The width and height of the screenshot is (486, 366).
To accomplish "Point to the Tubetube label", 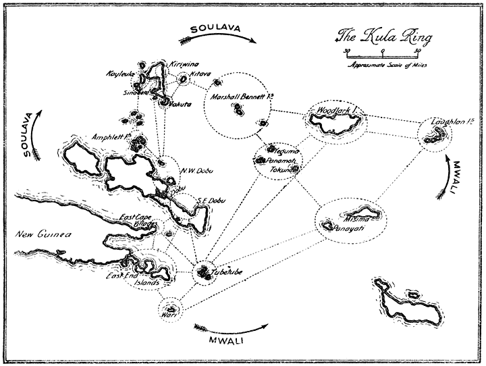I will (226, 272).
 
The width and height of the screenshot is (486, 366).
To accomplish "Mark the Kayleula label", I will (121, 73).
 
